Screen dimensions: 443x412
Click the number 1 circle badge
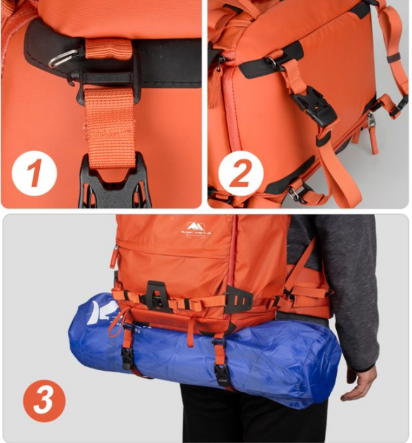[34, 172]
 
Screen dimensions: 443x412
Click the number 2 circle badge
[241, 173]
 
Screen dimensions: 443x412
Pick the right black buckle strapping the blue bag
[222, 373]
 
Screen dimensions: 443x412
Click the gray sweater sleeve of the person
[354, 272]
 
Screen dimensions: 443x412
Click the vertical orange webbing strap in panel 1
[111, 127]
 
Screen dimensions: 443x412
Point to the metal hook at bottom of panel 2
[294, 193]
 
